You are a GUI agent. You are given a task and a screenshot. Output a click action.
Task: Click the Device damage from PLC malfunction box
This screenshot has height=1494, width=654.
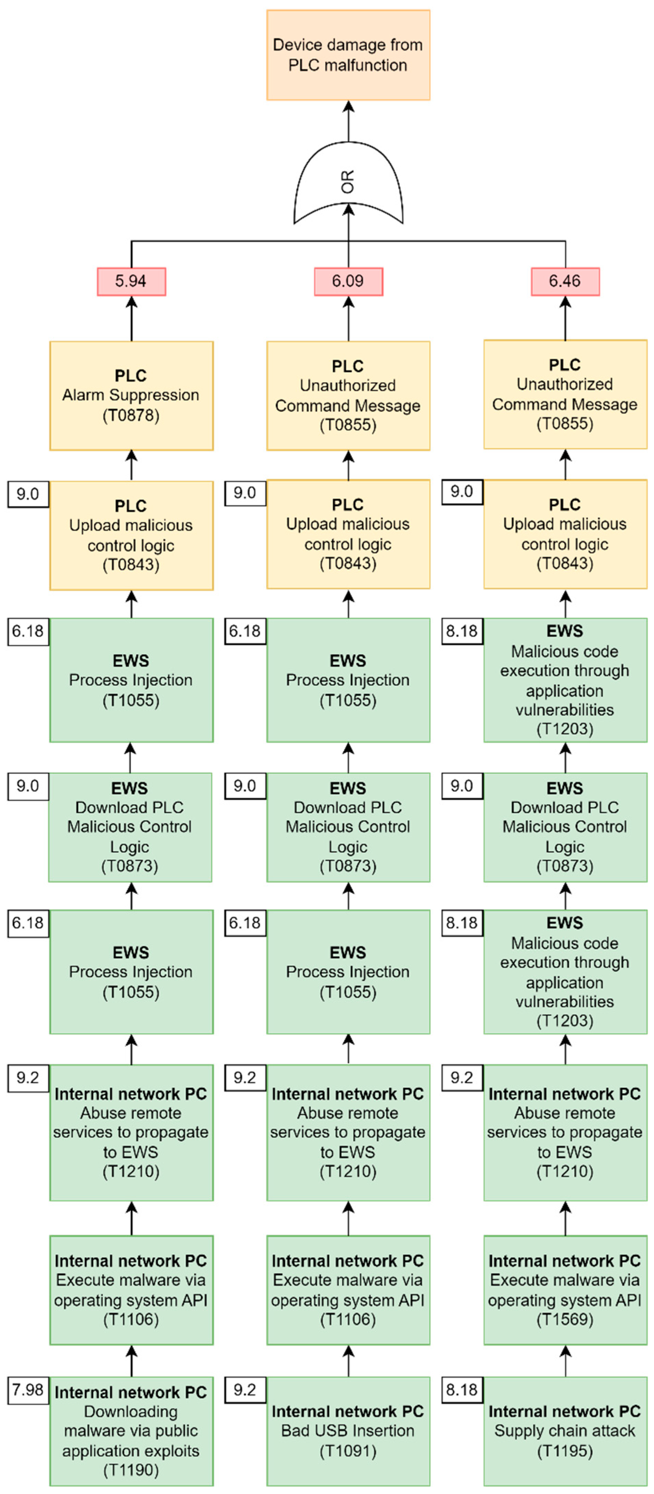pos(348,55)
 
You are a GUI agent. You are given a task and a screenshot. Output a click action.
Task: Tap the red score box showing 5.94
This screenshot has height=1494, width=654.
pos(131,281)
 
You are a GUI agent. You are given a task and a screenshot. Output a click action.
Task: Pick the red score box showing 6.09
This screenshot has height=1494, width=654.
pos(348,281)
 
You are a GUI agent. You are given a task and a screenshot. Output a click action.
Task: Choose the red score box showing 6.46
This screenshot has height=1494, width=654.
pos(565,281)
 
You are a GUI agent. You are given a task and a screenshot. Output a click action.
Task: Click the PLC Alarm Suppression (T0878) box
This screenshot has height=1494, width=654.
pos(131,395)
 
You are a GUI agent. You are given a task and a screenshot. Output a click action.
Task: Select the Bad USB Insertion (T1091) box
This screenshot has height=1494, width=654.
pos(348,1431)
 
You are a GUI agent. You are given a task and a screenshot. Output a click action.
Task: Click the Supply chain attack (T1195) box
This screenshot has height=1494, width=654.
pos(565,1431)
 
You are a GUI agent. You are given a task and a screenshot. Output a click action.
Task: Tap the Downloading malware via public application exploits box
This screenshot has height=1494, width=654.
pos(131,1431)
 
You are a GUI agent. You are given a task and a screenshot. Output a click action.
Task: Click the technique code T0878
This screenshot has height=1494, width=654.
pos(131,415)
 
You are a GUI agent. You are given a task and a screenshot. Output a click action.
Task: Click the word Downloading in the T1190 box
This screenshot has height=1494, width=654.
pos(131,1411)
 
